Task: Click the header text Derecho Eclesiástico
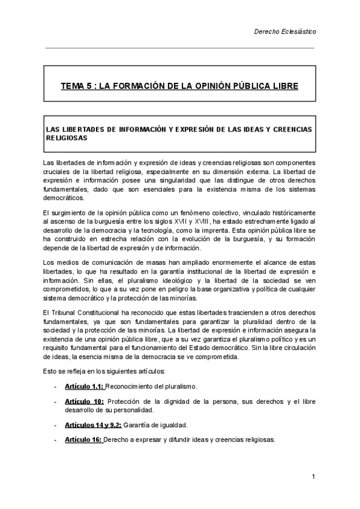[287, 31]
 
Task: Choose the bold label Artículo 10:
[85, 401]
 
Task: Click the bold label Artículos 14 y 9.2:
[93, 424]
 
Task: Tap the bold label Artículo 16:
[83, 439]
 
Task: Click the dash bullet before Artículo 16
[56, 439]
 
